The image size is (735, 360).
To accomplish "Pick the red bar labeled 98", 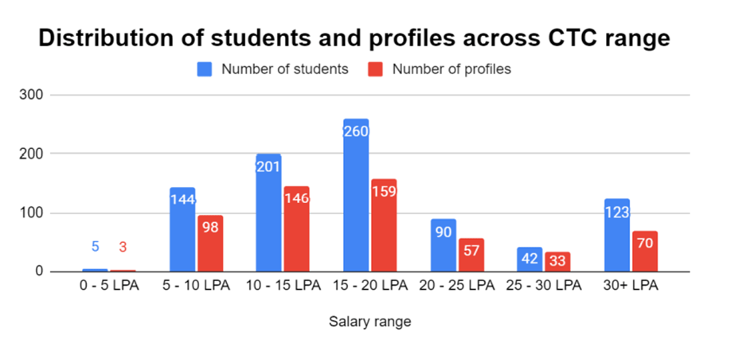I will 210,244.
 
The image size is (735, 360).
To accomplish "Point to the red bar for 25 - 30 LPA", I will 557,262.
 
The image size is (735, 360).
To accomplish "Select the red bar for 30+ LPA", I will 645,252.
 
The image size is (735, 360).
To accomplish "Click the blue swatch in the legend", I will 205,69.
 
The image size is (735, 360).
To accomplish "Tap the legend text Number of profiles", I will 452,69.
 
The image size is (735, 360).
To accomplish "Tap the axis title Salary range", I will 369,322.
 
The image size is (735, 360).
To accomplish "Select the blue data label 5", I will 95,247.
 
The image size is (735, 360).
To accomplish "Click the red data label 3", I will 123,247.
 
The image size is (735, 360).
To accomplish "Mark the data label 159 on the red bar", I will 383,192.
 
